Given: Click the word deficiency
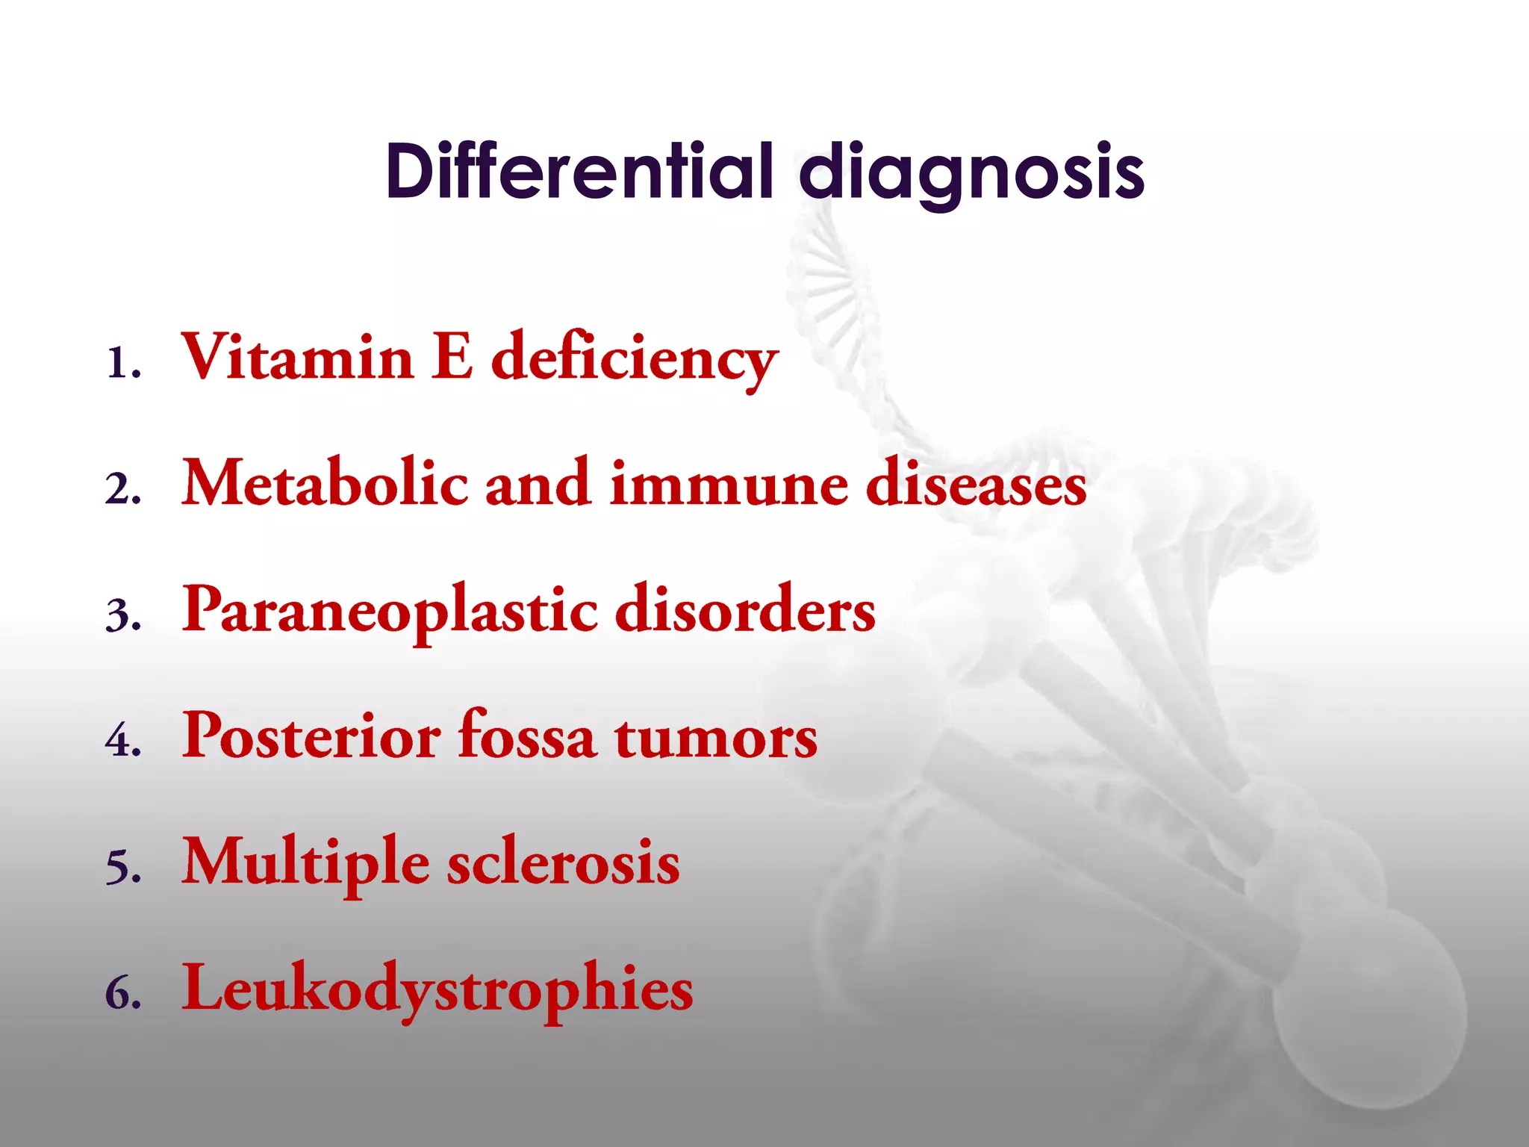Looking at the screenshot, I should (x=635, y=360).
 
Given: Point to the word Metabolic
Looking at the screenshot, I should (x=325, y=483).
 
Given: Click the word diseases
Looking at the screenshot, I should (x=976, y=483).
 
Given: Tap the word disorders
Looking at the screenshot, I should (x=744, y=609).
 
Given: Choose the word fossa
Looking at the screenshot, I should (x=527, y=735).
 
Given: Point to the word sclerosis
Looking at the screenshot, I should (x=563, y=863).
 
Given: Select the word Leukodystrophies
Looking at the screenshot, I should (x=437, y=990).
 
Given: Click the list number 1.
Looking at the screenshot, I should (x=119, y=364).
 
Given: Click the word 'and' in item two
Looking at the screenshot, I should (x=538, y=483).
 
